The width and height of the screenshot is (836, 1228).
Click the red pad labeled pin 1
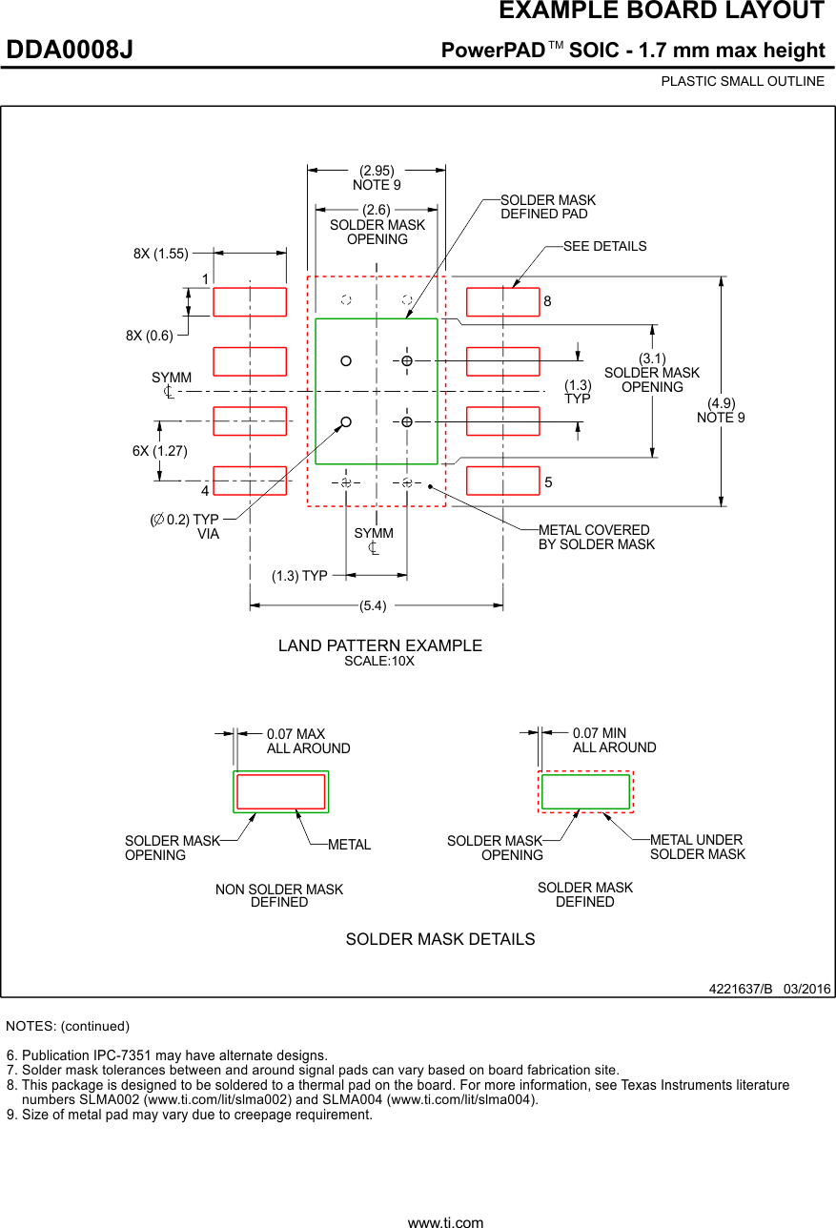[x=250, y=301]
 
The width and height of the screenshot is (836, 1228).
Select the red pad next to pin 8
[x=503, y=301]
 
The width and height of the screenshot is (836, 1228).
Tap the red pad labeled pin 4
[x=250, y=481]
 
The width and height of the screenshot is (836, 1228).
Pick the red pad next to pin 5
[x=503, y=481]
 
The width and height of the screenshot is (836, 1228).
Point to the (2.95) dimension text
[x=377, y=171]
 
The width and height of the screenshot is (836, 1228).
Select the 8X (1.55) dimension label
[x=161, y=254]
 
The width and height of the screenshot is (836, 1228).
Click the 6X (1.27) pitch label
[x=160, y=450]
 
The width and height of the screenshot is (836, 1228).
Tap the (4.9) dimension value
[x=721, y=403]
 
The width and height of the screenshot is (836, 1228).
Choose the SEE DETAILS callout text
[x=604, y=246]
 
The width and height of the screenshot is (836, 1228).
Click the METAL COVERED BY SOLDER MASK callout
[x=597, y=537]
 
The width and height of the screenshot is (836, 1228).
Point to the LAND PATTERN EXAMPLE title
[x=379, y=645]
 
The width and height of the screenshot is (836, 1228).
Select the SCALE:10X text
[x=379, y=661]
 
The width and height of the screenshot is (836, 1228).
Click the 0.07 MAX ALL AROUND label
[x=308, y=742]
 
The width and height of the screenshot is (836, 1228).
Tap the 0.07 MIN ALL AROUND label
[x=614, y=741]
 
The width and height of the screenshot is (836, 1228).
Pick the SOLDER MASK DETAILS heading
[x=439, y=939]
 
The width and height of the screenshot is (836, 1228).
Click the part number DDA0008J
[x=70, y=50]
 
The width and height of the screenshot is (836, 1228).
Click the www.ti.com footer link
[x=445, y=1221]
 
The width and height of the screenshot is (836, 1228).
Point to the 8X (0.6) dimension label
[x=149, y=336]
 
